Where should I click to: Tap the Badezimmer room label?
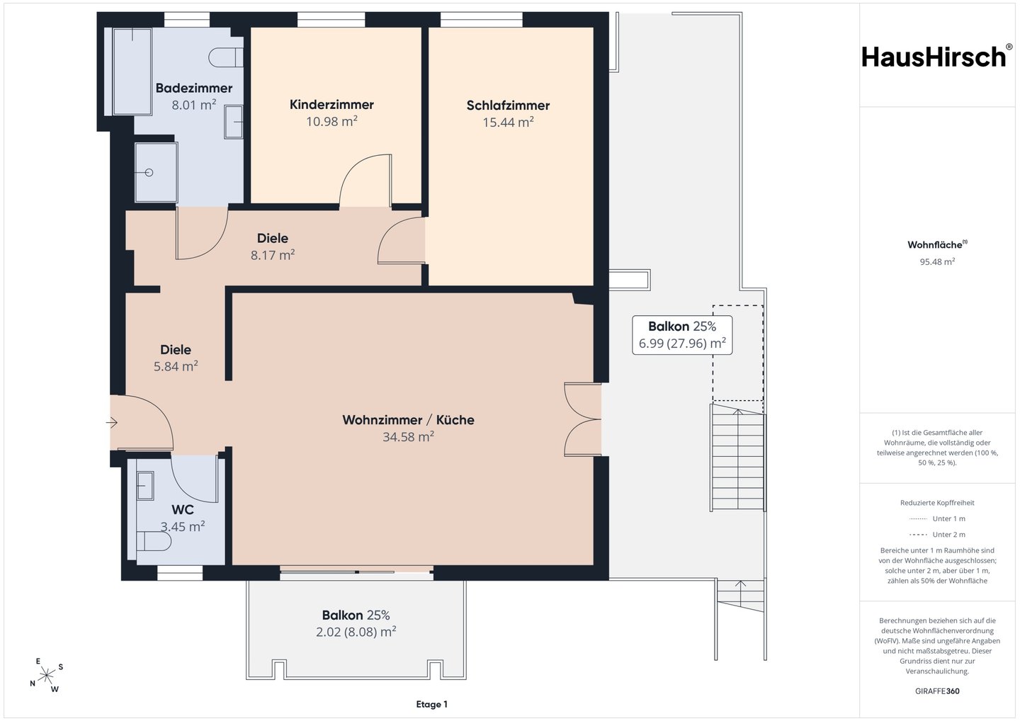[194, 88]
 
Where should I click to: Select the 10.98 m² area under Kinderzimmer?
[331, 122]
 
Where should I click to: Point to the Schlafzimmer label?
[508, 106]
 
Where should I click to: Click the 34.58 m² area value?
[408, 437]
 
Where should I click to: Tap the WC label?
[183, 509]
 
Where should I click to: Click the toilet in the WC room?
[154, 541]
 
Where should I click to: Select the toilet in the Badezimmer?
[226, 58]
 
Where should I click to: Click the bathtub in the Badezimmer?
[132, 72]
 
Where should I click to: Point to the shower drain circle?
[149, 173]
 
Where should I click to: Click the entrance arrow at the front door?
[112, 423]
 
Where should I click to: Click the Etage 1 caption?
[431, 705]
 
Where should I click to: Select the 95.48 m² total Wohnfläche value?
[937, 262]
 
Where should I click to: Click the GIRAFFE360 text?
[937, 691]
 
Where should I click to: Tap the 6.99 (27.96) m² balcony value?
[682, 344]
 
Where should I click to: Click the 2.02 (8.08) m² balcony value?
[356, 632]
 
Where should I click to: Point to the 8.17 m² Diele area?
[273, 255]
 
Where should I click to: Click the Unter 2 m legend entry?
[937, 535]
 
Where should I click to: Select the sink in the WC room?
[145, 486]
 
